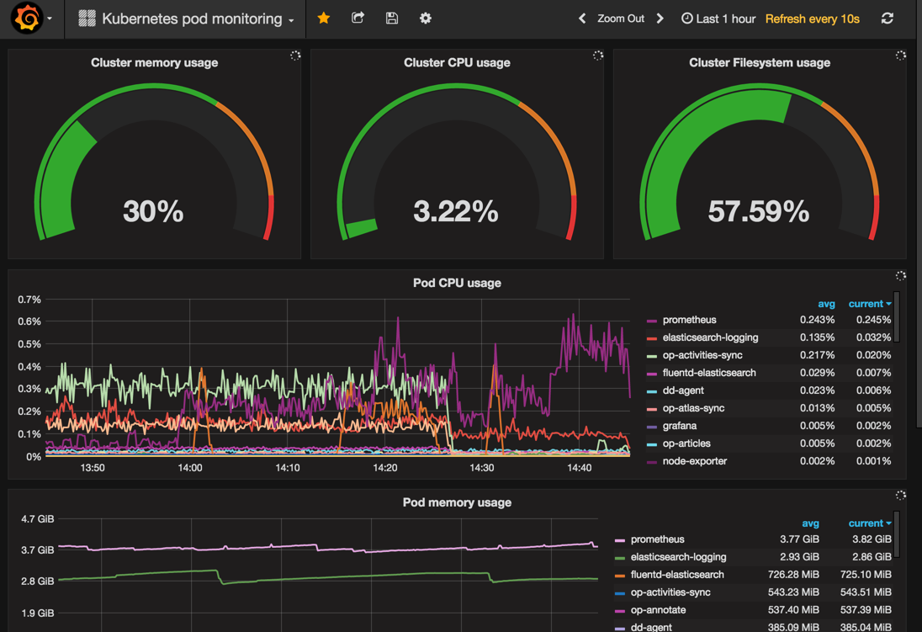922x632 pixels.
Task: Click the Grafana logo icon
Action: [x=27, y=18]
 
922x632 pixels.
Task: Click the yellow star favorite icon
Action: [x=323, y=19]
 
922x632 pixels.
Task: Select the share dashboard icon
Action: [x=358, y=18]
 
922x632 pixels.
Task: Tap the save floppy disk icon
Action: [x=392, y=19]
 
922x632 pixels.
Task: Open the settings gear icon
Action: [x=426, y=19]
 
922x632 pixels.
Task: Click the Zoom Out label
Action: [x=620, y=19]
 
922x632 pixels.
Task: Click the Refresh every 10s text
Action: [x=812, y=19]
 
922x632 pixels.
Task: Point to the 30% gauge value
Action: [x=153, y=211]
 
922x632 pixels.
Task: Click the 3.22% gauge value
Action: [x=456, y=211]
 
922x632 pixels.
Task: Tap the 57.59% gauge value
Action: [x=759, y=211]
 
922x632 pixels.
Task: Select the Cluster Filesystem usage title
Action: [x=760, y=62]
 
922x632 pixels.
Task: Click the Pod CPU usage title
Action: [x=457, y=283]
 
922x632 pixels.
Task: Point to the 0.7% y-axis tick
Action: [x=29, y=300]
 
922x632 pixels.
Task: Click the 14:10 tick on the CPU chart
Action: [x=288, y=468]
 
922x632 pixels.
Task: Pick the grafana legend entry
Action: [x=679, y=426]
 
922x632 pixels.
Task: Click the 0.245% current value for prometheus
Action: [x=873, y=320]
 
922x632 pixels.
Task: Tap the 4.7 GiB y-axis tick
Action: [x=38, y=519]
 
